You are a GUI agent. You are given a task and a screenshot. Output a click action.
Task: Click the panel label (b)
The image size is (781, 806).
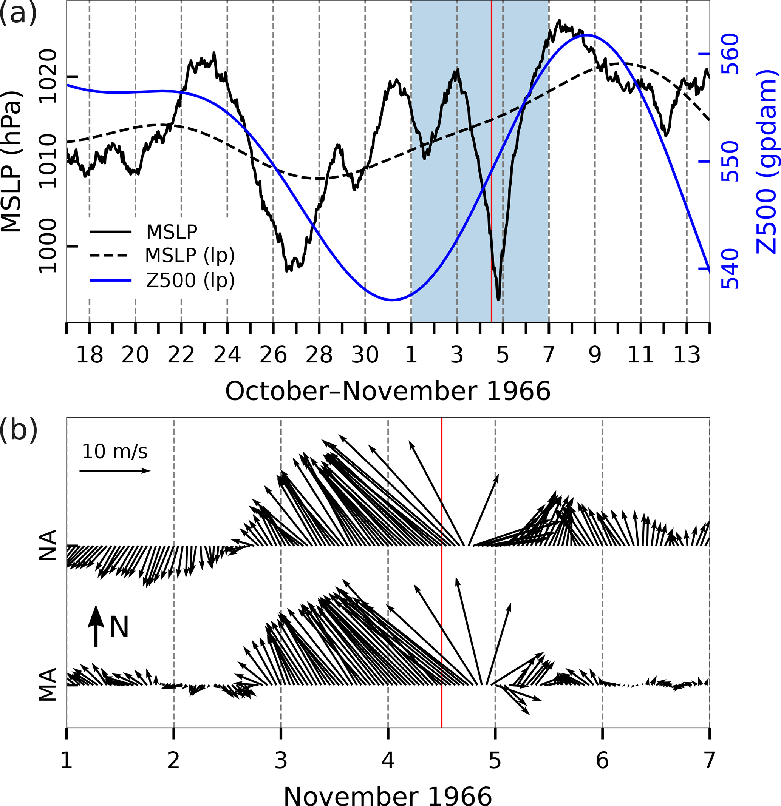pos(19,430)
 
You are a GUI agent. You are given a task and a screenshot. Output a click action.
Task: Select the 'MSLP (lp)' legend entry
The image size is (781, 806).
pos(190,256)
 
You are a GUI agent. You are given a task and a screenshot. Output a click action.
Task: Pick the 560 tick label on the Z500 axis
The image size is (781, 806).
pos(730,54)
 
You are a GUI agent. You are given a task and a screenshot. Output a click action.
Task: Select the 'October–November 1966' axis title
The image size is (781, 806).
pos(388,391)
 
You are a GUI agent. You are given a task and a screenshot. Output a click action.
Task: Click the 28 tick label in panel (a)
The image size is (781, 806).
pos(319,354)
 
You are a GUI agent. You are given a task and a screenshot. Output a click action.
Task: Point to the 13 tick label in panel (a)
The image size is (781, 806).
pos(687,354)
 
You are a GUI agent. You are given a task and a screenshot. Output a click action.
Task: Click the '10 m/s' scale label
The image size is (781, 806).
pos(114,452)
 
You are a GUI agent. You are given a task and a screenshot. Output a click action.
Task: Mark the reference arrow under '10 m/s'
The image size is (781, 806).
pos(115,471)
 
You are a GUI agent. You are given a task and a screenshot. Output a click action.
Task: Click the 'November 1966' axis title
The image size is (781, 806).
pos(388,795)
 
